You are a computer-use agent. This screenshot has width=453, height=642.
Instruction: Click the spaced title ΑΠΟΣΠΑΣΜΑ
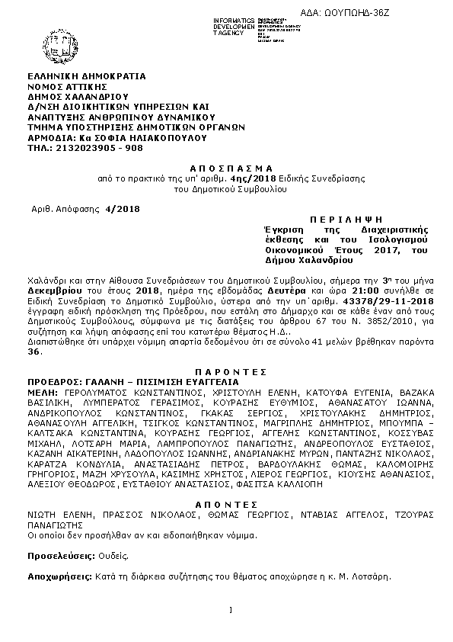tap(226, 167)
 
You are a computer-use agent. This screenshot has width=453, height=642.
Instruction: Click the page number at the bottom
tap(229, 610)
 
